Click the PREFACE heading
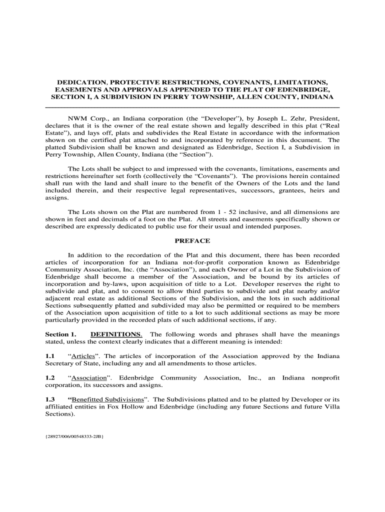(x=192, y=241)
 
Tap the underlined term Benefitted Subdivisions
(x=107, y=399)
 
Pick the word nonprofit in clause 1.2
(x=321, y=378)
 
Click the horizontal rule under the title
(x=192, y=107)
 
